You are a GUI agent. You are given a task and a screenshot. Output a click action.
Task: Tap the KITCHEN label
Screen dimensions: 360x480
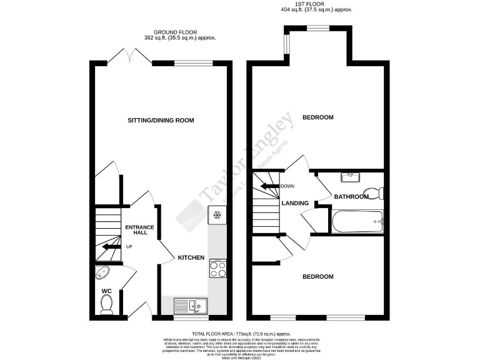pos(191,257)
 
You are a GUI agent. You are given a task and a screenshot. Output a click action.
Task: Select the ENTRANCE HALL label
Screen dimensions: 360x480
pos(139,229)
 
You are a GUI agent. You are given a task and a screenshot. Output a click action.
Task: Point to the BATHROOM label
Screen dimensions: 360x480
pos(351,197)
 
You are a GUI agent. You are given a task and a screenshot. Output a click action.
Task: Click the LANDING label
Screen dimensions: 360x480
pos(295,203)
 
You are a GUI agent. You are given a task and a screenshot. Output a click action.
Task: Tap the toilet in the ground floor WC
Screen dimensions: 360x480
pos(106,304)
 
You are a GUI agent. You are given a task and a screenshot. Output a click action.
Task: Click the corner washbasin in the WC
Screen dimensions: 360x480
pos(101,273)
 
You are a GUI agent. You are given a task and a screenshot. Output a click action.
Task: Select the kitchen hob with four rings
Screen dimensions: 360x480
pos(217,269)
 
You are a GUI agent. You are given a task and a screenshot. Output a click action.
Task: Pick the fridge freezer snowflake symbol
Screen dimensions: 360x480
pos(217,216)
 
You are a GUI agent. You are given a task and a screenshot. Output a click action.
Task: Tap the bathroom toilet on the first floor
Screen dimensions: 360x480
pos(374,192)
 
